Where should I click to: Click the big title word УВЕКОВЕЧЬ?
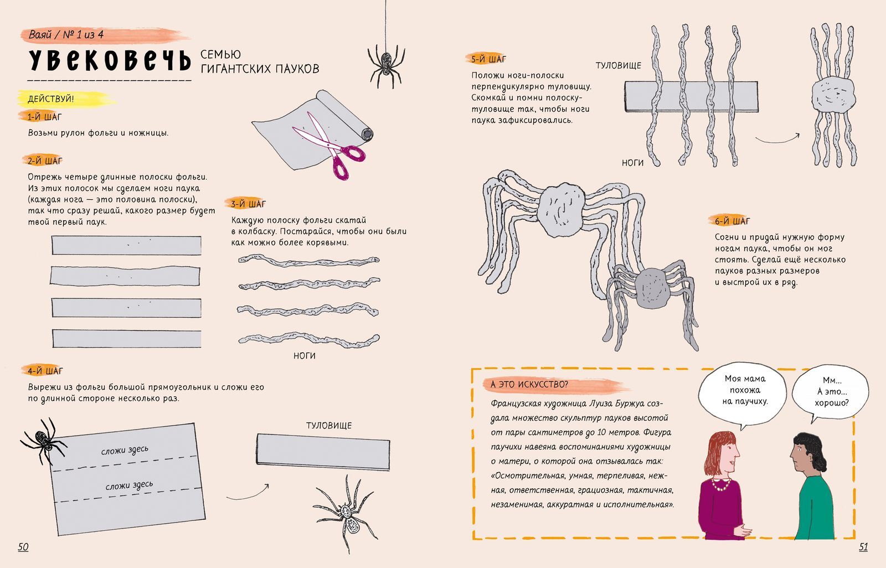110,60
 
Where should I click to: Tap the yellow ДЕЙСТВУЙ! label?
50,99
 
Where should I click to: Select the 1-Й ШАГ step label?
44,117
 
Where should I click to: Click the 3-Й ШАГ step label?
249,204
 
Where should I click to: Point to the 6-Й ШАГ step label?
732,221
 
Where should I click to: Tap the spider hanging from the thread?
386,66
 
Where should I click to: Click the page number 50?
23,547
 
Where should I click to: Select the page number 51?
863,547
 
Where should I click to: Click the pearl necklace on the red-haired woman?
721,484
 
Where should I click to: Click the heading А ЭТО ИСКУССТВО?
529,384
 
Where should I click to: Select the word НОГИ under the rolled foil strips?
305,355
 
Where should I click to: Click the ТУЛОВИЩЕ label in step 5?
618,65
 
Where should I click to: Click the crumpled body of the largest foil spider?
561,208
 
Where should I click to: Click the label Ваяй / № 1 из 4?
66,35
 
